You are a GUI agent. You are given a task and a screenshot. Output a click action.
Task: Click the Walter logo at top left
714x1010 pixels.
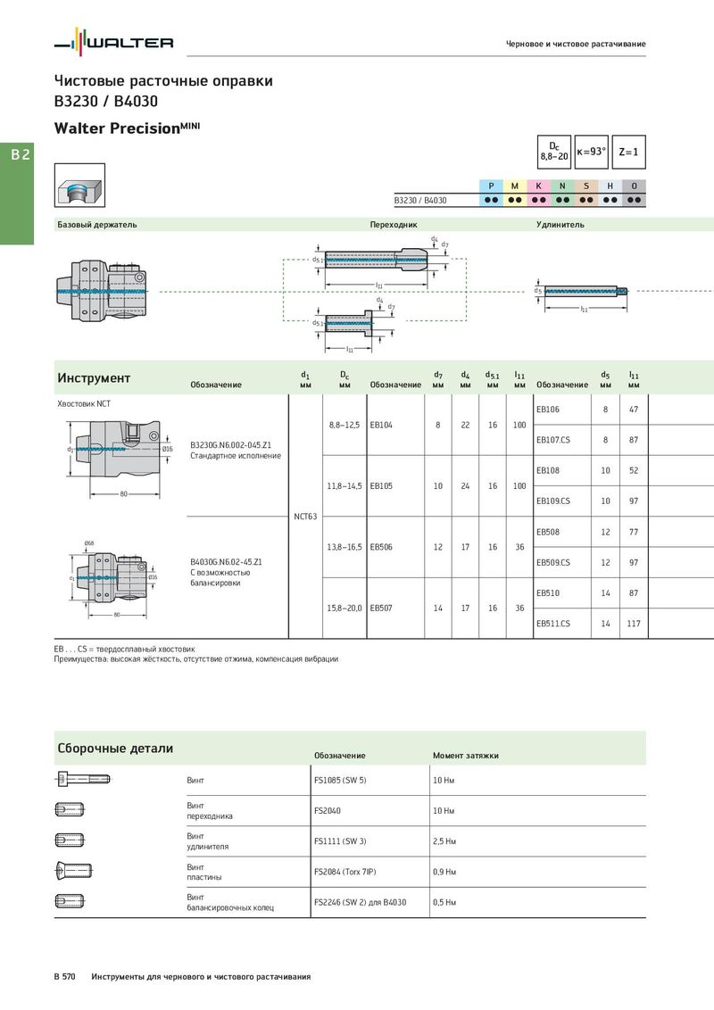click(x=113, y=41)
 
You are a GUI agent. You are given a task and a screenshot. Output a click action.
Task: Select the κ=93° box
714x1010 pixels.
click(x=591, y=152)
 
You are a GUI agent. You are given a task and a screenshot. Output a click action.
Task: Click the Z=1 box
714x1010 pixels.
click(x=628, y=152)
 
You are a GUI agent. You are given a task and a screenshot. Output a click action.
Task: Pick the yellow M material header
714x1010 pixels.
click(x=514, y=186)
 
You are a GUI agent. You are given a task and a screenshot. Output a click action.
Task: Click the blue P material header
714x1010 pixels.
click(x=491, y=186)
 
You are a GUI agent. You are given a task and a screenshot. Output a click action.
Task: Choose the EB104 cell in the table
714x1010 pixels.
click(x=381, y=425)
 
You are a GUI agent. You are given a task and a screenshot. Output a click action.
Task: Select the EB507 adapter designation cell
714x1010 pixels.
click(x=381, y=608)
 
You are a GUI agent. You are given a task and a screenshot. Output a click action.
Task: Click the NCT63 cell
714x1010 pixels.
click(x=305, y=517)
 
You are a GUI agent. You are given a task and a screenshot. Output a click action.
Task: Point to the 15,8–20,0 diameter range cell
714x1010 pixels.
click(x=345, y=608)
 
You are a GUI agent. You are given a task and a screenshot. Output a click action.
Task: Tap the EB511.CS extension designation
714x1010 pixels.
click(x=552, y=624)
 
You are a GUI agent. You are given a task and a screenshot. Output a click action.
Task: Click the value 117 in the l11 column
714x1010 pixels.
click(x=634, y=624)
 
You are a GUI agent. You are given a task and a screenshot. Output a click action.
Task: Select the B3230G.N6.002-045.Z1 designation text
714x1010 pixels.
click(x=230, y=445)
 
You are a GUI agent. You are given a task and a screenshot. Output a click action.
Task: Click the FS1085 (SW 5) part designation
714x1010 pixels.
click(x=340, y=780)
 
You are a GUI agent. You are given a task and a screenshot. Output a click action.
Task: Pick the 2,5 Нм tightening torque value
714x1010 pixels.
click(x=444, y=841)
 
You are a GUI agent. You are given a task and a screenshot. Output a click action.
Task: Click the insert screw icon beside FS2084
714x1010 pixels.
click(x=73, y=872)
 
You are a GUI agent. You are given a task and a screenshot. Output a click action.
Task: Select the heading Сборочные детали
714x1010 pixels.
click(x=115, y=749)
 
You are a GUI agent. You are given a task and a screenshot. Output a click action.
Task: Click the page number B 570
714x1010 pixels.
click(x=64, y=976)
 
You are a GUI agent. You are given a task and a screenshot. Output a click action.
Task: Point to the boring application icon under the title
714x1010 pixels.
click(x=79, y=186)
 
